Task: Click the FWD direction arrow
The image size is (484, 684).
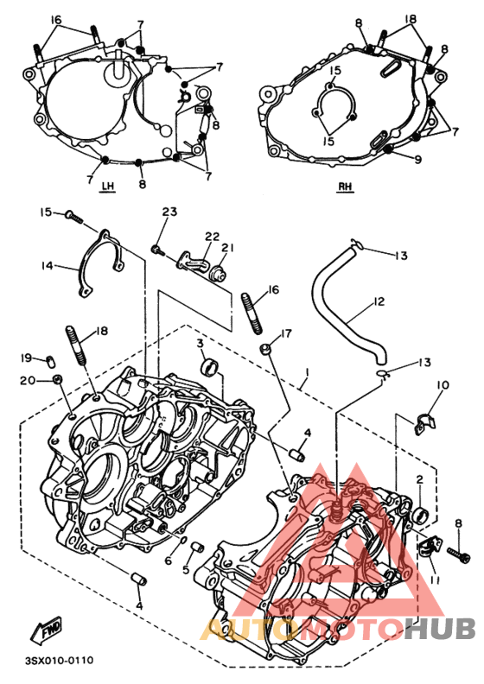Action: pyautogui.click(x=47, y=630)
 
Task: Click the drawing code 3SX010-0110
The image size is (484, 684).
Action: pyautogui.click(x=60, y=661)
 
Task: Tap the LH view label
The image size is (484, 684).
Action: pyautogui.click(x=108, y=187)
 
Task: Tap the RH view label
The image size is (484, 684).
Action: pyautogui.click(x=345, y=187)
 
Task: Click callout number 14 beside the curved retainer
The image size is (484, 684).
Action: pyautogui.click(x=48, y=265)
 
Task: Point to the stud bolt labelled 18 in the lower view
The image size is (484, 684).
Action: pyautogui.click(x=76, y=345)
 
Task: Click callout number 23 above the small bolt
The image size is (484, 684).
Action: pyautogui.click(x=169, y=212)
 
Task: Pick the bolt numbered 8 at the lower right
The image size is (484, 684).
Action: pyautogui.click(x=459, y=553)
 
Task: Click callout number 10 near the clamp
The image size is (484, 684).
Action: pyautogui.click(x=443, y=385)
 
